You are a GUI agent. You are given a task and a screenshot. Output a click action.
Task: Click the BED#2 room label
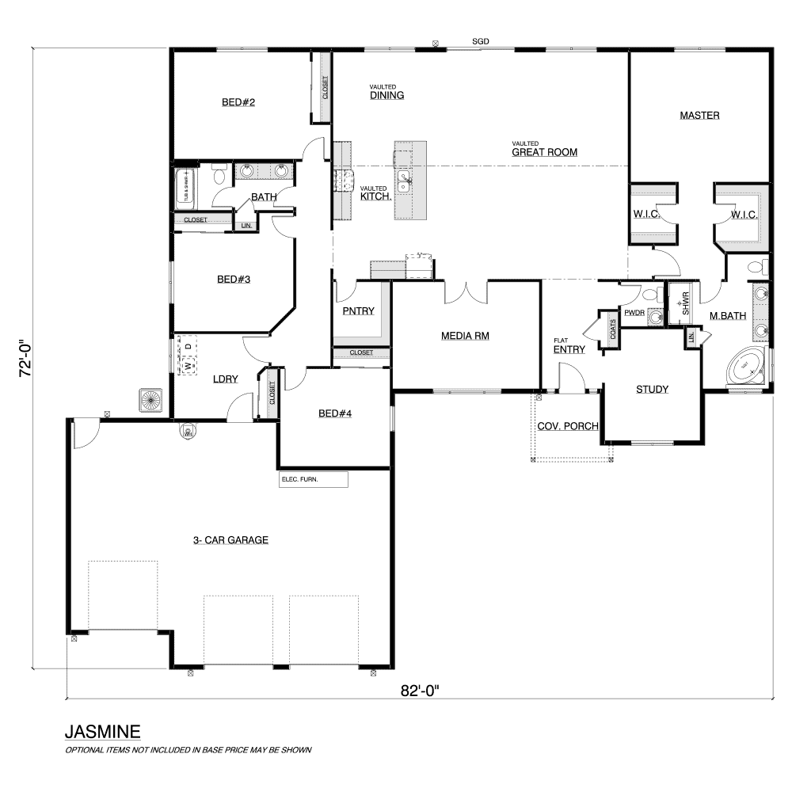pyautogui.click(x=238, y=102)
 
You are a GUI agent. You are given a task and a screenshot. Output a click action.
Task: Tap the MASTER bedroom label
pyautogui.click(x=699, y=115)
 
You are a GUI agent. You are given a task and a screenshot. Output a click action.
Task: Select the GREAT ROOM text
pyautogui.click(x=545, y=152)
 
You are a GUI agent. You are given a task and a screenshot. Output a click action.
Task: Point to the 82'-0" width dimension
pyautogui.click(x=420, y=691)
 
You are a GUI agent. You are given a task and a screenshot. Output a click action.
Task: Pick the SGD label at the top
pyautogui.click(x=481, y=41)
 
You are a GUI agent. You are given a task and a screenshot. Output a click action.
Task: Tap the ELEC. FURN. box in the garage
pyautogui.click(x=314, y=479)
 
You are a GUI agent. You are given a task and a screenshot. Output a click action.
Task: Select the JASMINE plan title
pyautogui.click(x=102, y=731)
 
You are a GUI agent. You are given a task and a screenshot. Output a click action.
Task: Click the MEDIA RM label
pyautogui.click(x=465, y=336)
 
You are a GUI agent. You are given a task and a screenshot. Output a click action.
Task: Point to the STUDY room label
pyautogui.click(x=652, y=390)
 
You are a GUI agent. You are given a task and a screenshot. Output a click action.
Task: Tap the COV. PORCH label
pyautogui.click(x=568, y=426)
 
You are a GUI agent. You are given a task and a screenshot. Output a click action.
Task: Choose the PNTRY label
pyautogui.click(x=359, y=311)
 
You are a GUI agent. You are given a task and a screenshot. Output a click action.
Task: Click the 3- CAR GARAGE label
pyautogui.click(x=230, y=540)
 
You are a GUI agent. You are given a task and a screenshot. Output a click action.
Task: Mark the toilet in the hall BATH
pyautogui.click(x=219, y=175)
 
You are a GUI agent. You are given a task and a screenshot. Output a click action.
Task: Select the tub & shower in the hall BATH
pyautogui.click(x=185, y=189)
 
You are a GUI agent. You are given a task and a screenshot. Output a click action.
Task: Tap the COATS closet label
pyautogui.click(x=613, y=329)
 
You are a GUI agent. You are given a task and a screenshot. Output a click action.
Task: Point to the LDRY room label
pyautogui.click(x=225, y=379)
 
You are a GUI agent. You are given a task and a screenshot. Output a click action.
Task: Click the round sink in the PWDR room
pyautogui.click(x=656, y=318)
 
